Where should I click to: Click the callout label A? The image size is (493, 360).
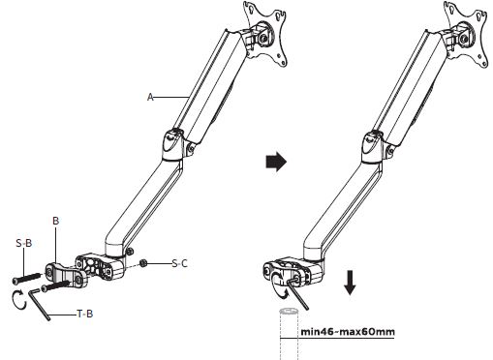[x=150, y=97]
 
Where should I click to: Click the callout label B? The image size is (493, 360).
[x=56, y=221]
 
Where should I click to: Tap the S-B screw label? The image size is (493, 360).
[x=24, y=243]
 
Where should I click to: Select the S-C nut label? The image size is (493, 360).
[x=179, y=263]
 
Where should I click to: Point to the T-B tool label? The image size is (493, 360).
[x=85, y=314]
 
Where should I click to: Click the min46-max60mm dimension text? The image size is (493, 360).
[x=348, y=332]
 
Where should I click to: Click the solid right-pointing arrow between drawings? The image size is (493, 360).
[x=276, y=162]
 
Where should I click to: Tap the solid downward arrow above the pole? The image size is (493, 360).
[x=350, y=283]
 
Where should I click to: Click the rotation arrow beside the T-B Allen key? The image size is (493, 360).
[x=18, y=300]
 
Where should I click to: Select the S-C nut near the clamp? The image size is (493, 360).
[x=143, y=263]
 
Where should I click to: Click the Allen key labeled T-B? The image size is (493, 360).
[x=40, y=304]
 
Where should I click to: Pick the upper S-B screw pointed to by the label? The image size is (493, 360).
[x=27, y=279]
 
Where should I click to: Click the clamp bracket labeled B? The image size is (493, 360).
[x=66, y=275]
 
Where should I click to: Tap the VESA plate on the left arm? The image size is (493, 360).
[x=265, y=35]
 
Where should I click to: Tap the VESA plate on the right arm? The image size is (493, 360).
[x=466, y=35]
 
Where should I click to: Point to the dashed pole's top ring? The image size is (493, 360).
[x=289, y=312]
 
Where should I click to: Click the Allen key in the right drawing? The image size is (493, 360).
[x=298, y=293]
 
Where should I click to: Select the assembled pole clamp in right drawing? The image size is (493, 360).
[x=293, y=270]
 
